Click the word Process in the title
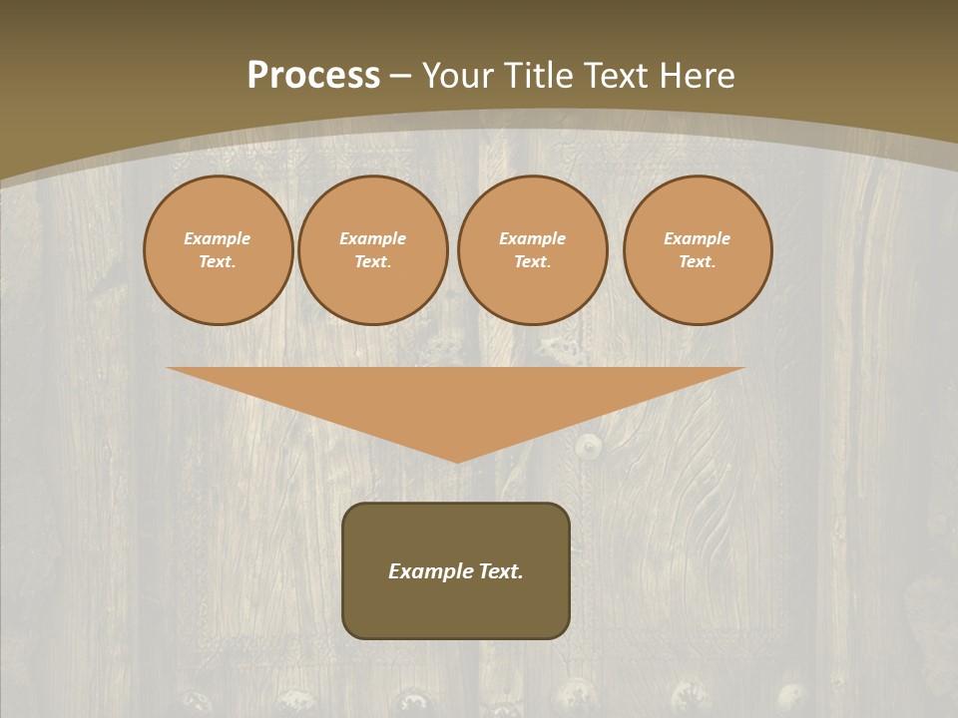(313, 76)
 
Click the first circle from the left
(218, 249)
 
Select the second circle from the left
(372, 249)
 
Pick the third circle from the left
(532, 249)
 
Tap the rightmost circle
(698, 249)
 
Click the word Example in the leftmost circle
(218, 238)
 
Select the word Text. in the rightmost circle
(698, 261)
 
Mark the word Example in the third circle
(532, 238)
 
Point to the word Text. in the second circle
(372, 261)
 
